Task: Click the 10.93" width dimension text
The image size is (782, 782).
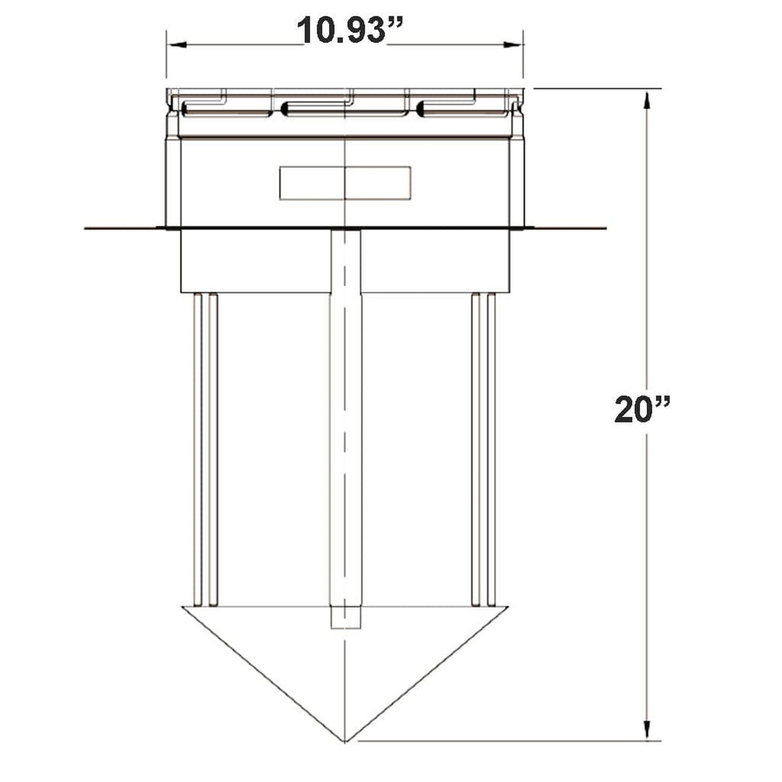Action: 345,31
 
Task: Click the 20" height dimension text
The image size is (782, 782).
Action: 642,410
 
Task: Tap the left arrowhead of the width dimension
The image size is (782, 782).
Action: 175,46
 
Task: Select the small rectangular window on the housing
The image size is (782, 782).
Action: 345,183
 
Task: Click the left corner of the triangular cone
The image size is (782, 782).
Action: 183,607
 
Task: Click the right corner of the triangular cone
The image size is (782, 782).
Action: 508,607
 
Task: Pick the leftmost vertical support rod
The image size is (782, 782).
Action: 198,449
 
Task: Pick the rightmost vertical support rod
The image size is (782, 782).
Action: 491,449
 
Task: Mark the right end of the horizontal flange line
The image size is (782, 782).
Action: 604,228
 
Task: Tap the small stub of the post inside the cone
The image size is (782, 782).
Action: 345,618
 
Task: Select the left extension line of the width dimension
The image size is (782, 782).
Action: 166,60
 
